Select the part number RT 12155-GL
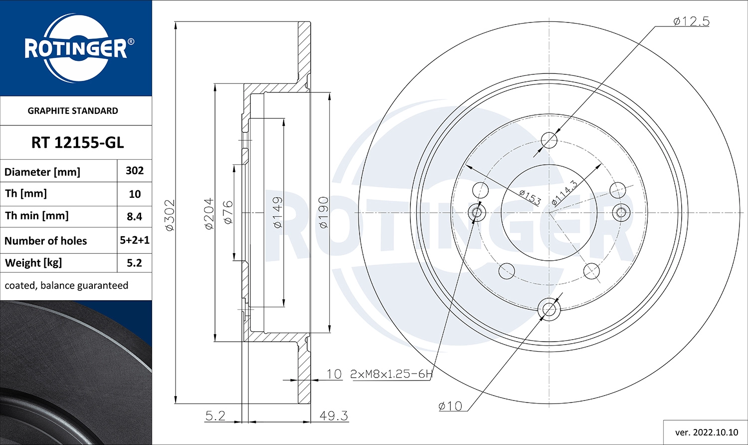click(x=77, y=143)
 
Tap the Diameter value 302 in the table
click(x=135, y=171)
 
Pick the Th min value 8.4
click(x=135, y=217)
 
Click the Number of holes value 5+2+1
click(x=135, y=240)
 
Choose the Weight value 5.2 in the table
click(x=135, y=263)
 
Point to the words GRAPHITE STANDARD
click(x=73, y=111)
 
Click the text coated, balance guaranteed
click(x=66, y=286)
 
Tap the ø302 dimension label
click(x=170, y=215)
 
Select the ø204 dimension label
click(x=209, y=214)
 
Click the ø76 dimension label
click(x=228, y=212)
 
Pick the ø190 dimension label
click(x=323, y=213)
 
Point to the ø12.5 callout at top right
click(x=691, y=21)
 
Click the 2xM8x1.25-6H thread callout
click(x=391, y=374)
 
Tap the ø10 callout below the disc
click(x=450, y=406)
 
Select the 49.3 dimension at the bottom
click(x=334, y=416)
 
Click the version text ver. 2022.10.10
click(x=706, y=432)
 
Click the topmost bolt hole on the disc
click(x=549, y=140)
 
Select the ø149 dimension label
click(x=277, y=212)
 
